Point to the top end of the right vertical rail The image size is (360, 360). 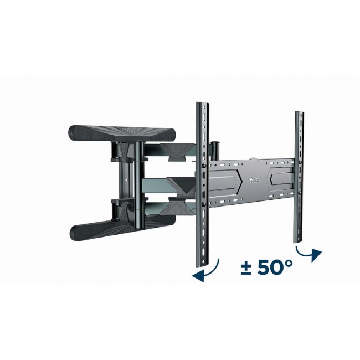300,114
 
